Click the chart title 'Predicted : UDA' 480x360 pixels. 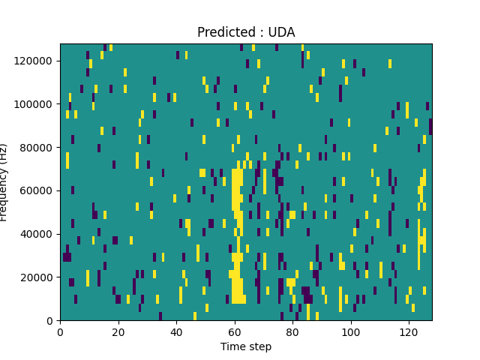pos(246,32)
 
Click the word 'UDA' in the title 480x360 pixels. pos(282,32)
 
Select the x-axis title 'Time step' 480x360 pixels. pos(246,346)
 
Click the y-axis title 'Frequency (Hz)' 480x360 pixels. pos(4,182)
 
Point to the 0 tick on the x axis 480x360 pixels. pos(60,331)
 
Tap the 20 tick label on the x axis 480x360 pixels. pos(118,331)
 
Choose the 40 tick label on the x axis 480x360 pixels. pos(176,331)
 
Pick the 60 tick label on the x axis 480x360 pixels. pos(234,331)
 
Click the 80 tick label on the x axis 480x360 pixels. pos(292,331)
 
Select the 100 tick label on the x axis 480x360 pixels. pos(350,331)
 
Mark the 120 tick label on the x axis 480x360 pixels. pos(409,331)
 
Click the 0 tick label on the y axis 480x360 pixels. pos(50,321)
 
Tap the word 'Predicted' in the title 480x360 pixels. pos(223,32)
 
